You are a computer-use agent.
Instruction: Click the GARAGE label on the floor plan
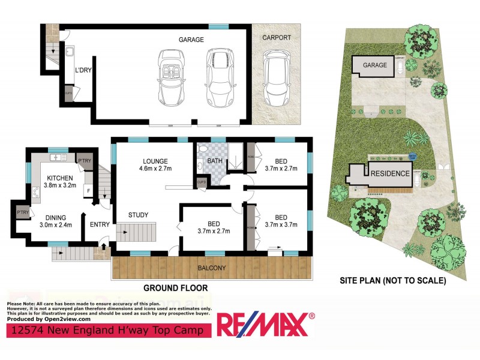(191, 40)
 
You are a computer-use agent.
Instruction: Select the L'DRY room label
(82, 70)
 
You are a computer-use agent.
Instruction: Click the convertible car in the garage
(173, 77)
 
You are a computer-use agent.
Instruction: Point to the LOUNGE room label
(155, 161)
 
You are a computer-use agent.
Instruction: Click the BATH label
(214, 161)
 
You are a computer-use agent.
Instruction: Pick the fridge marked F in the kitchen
(88, 191)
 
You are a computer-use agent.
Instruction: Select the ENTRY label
(100, 224)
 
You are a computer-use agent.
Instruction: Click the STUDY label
(138, 215)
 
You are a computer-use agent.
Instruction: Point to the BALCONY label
(212, 268)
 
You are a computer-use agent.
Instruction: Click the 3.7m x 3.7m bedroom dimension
(281, 225)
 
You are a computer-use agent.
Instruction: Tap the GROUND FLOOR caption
(175, 288)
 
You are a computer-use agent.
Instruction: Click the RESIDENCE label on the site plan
(390, 173)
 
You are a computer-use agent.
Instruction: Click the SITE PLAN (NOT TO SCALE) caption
(392, 280)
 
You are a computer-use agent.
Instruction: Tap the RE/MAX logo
(265, 325)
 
